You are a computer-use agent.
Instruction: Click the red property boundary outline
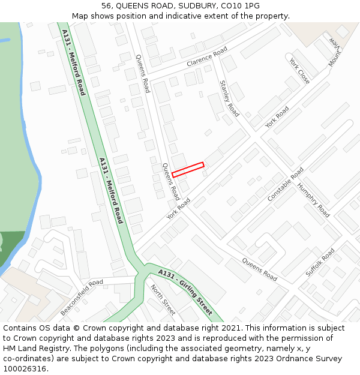point(188,169)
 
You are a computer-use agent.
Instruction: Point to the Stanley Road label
point(229,98)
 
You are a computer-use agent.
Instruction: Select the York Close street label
point(299,71)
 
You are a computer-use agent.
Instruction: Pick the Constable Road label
point(286,184)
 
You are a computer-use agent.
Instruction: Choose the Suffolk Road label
point(320,262)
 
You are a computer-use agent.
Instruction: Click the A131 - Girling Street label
point(185,292)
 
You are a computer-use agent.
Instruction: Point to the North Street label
point(163,299)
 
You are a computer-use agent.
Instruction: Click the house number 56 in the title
point(106,5)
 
